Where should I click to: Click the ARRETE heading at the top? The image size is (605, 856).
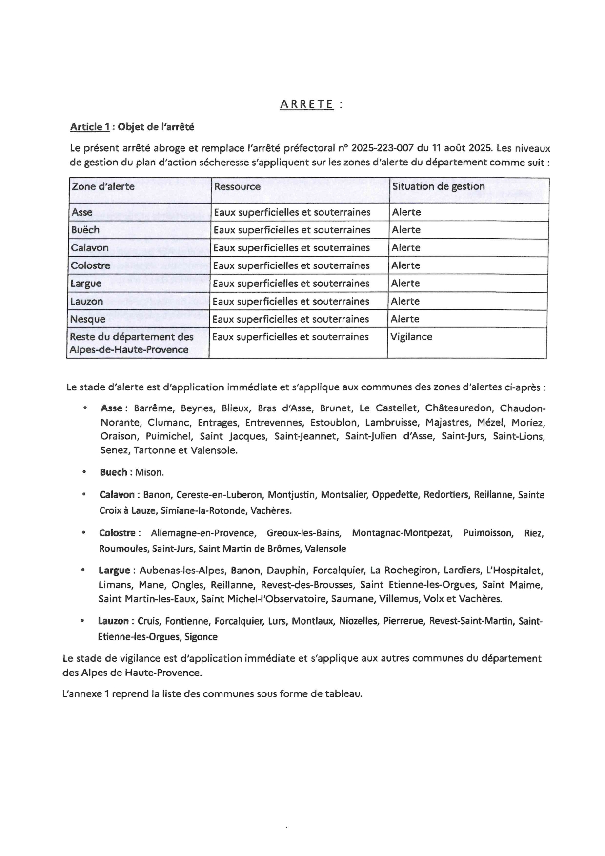307,104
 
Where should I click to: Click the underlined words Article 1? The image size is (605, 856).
90,127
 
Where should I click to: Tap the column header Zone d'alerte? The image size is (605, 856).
103,186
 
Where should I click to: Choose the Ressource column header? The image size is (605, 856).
237,186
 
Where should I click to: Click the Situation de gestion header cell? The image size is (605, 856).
438,186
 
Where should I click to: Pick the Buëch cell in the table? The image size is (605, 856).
85,230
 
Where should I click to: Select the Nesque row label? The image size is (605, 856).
88,319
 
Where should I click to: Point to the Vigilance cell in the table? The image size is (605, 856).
411,337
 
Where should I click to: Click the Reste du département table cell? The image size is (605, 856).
131,343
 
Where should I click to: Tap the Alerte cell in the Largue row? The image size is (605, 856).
405,284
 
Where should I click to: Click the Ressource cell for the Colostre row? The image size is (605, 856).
291,265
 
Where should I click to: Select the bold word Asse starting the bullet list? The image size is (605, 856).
111,408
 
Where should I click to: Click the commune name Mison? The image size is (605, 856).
149,472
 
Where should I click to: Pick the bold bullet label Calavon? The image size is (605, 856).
117,495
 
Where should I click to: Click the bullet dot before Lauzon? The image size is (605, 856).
83,621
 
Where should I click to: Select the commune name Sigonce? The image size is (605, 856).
201,637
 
